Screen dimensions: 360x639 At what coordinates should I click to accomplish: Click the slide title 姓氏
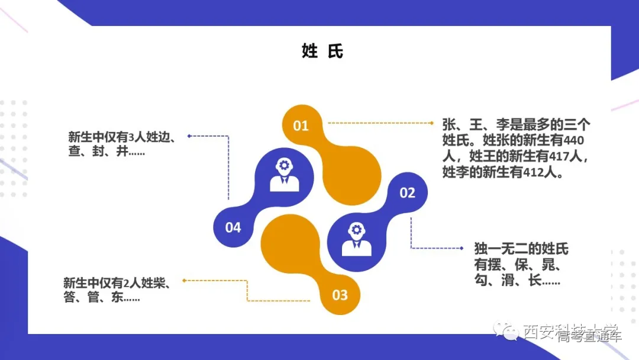[x=322, y=52]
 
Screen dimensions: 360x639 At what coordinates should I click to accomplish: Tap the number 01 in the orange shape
[x=301, y=126]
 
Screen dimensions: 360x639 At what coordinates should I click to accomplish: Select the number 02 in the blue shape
[x=407, y=192]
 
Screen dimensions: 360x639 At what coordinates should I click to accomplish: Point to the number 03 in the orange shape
[x=340, y=295]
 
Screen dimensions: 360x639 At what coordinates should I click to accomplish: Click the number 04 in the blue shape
[x=233, y=227]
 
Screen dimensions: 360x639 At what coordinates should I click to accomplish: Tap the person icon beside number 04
[x=284, y=175]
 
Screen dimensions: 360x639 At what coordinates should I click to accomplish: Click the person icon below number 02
[x=356, y=240]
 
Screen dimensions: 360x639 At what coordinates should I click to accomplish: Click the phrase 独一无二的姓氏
[x=521, y=249]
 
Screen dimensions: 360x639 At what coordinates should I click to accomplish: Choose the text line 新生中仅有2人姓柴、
[x=117, y=283]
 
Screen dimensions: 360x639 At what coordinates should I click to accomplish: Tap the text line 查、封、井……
[x=107, y=152]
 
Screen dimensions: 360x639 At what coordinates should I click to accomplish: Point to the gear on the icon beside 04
[x=284, y=165]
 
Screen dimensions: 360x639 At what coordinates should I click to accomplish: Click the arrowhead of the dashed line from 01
[x=433, y=123]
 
